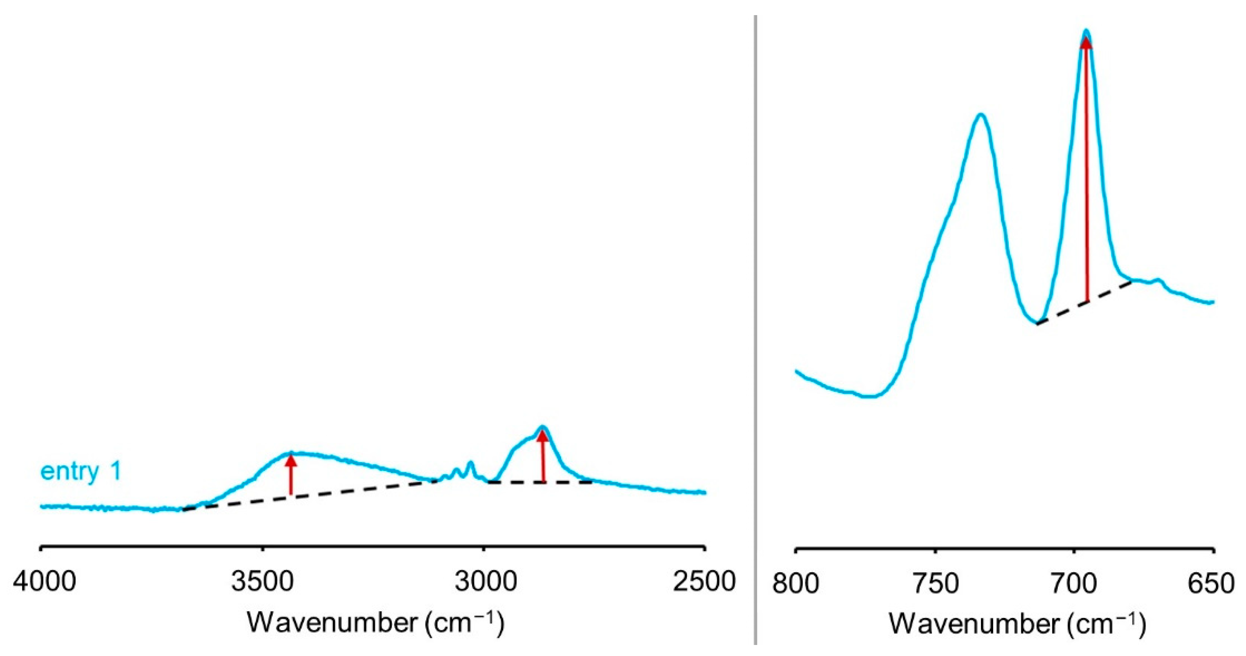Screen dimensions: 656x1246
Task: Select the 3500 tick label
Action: click(263, 582)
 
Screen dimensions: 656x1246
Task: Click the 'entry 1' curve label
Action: click(81, 471)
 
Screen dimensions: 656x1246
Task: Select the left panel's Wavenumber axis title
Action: click(376, 623)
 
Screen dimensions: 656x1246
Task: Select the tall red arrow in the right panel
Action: click(1086, 170)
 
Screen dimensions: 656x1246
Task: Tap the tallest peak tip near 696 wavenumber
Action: click(1086, 32)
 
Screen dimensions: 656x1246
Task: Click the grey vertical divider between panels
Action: click(756, 329)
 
